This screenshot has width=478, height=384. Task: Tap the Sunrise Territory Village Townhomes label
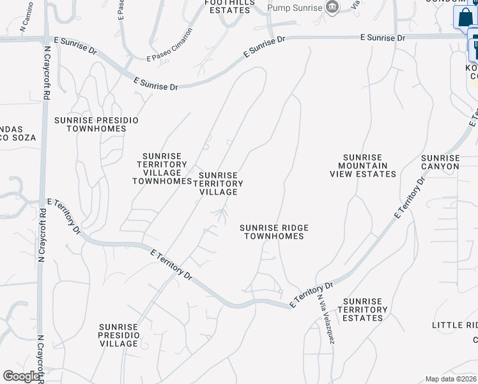click(x=162, y=168)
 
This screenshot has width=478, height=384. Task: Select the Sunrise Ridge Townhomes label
click(x=274, y=232)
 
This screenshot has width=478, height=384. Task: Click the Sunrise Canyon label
click(x=440, y=162)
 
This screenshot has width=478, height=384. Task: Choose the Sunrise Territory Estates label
click(x=362, y=310)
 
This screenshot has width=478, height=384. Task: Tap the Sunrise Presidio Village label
click(x=119, y=335)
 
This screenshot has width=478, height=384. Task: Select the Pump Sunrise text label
click(x=294, y=8)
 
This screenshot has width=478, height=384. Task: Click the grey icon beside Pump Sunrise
click(x=332, y=8)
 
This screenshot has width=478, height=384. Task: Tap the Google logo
click(x=22, y=376)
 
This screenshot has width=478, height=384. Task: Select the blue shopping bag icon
click(x=464, y=17)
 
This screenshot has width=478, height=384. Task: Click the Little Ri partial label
click(x=454, y=325)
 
